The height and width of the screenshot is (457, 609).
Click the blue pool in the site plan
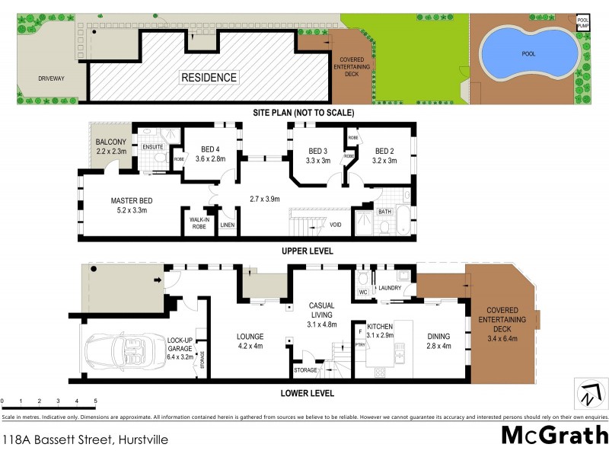coord(527,51)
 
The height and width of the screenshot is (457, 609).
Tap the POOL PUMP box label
coord(582,23)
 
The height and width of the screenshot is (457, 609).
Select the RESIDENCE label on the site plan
coord(209,77)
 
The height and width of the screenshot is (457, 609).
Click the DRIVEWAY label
coord(38,78)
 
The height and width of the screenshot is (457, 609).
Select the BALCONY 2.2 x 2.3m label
coord(111,147)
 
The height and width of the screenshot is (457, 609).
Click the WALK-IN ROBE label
coord(199,222)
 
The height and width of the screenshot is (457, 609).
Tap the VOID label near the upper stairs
coord(335,225)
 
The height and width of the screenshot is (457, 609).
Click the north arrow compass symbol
coord(589,395)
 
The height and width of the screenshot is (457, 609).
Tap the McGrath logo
coord(554,436)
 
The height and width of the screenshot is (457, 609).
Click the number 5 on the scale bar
coord(95,401)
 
